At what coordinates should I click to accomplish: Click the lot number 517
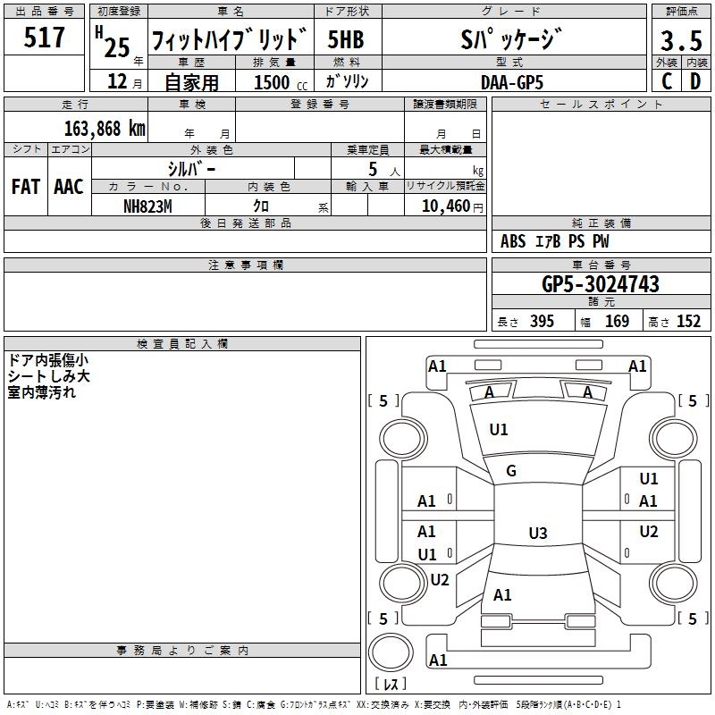coord(46,38)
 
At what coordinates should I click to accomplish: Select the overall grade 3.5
coord(680,41)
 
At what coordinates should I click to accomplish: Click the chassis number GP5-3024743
coord(601,284)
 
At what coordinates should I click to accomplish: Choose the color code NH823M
coord(147,206)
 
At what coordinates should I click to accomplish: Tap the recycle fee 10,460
coord(442,206)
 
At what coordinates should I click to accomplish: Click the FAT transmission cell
coord(25,187)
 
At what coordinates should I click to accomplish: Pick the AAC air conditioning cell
coord(68,187)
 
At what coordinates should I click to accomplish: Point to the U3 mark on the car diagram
coord(537,534)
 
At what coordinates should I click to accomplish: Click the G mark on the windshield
coord(511,471)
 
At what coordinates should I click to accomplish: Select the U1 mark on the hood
coord(499,430)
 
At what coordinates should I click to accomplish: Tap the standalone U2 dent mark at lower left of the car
coord(440,579)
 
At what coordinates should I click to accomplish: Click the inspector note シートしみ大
coord(46,376)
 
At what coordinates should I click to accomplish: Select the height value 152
coord(688,322)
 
